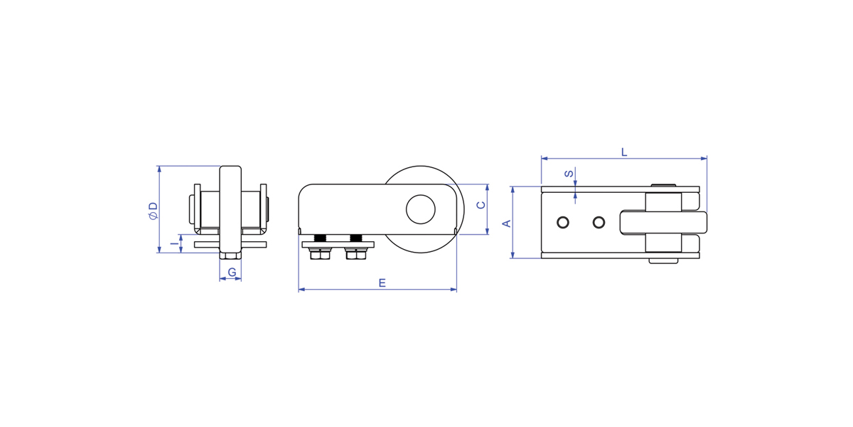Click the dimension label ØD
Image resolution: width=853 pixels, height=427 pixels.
(153, 211)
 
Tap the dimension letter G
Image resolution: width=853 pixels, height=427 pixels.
(232, 272)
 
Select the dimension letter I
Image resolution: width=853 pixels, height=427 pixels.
(174, 243)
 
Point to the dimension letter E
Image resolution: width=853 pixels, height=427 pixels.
(382, 283)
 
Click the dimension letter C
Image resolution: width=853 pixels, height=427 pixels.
(481, 205)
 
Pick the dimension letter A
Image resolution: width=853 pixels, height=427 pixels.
(507, 223)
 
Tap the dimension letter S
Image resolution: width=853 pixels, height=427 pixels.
(569, 174)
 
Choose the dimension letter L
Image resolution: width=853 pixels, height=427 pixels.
(624, 152)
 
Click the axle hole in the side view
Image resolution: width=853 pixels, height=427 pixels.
(420, 209)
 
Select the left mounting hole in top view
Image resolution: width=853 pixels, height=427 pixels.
(563, 222)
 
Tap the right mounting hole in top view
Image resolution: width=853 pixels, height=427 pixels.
(599, 222)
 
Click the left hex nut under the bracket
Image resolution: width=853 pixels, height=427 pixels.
(320, 253)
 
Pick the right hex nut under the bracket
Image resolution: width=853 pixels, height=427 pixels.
(356, 253)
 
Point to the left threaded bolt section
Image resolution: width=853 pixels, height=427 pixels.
(320, 238)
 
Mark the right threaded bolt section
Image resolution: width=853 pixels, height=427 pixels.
(356, 238)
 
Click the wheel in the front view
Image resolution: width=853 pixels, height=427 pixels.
(230, 209)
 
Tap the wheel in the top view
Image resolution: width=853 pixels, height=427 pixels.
(663, 222)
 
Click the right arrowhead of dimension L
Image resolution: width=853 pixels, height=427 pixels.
(704, 158)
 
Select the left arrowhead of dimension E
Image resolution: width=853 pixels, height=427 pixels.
(301, 290)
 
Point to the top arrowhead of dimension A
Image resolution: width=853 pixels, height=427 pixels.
(513, 190)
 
